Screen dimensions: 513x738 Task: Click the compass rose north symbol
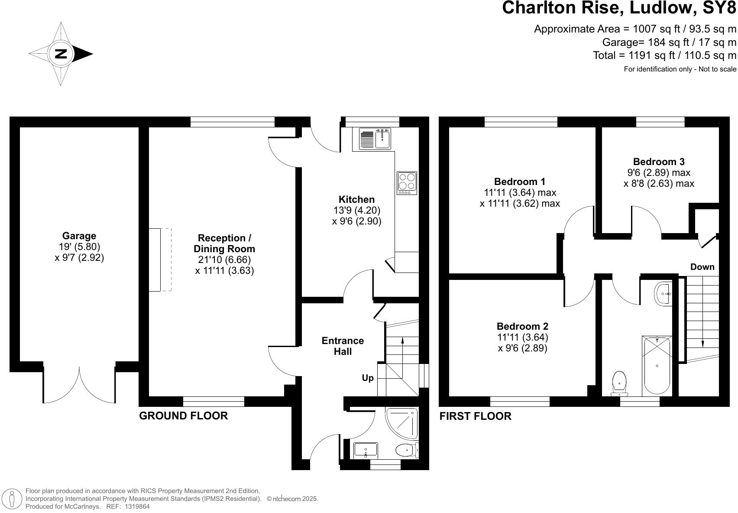61,54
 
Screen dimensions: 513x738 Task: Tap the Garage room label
79,236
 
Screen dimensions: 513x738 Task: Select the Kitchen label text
356,199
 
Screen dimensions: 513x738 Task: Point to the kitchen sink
382,139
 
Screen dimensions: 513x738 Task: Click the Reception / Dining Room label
224,244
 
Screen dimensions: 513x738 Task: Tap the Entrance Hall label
343,346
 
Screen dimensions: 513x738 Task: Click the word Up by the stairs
368,378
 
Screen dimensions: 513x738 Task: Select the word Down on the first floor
702,267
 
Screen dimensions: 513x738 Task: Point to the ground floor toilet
407,450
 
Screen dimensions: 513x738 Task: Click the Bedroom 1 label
520,182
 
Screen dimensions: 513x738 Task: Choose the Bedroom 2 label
522,326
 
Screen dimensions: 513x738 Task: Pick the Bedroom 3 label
658,162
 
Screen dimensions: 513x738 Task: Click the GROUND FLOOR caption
183,416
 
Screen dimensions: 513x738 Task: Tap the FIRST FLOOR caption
475,416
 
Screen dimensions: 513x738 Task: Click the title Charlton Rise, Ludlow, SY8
619,9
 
